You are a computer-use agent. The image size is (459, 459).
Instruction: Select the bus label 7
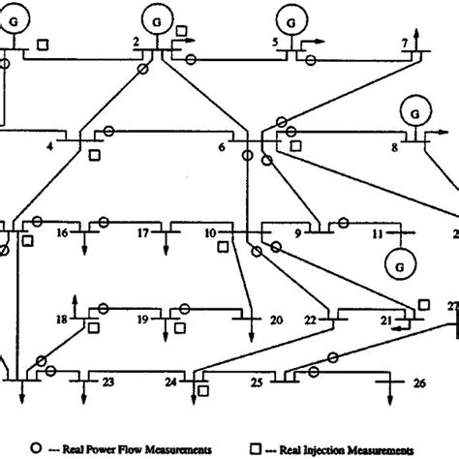point(405,45)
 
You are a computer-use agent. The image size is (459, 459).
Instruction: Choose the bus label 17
point(141,233)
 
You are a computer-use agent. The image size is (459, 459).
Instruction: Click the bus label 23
point(108,382)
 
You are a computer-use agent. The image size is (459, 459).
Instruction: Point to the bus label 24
point(170,382)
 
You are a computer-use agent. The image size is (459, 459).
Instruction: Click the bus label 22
point(310,319)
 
